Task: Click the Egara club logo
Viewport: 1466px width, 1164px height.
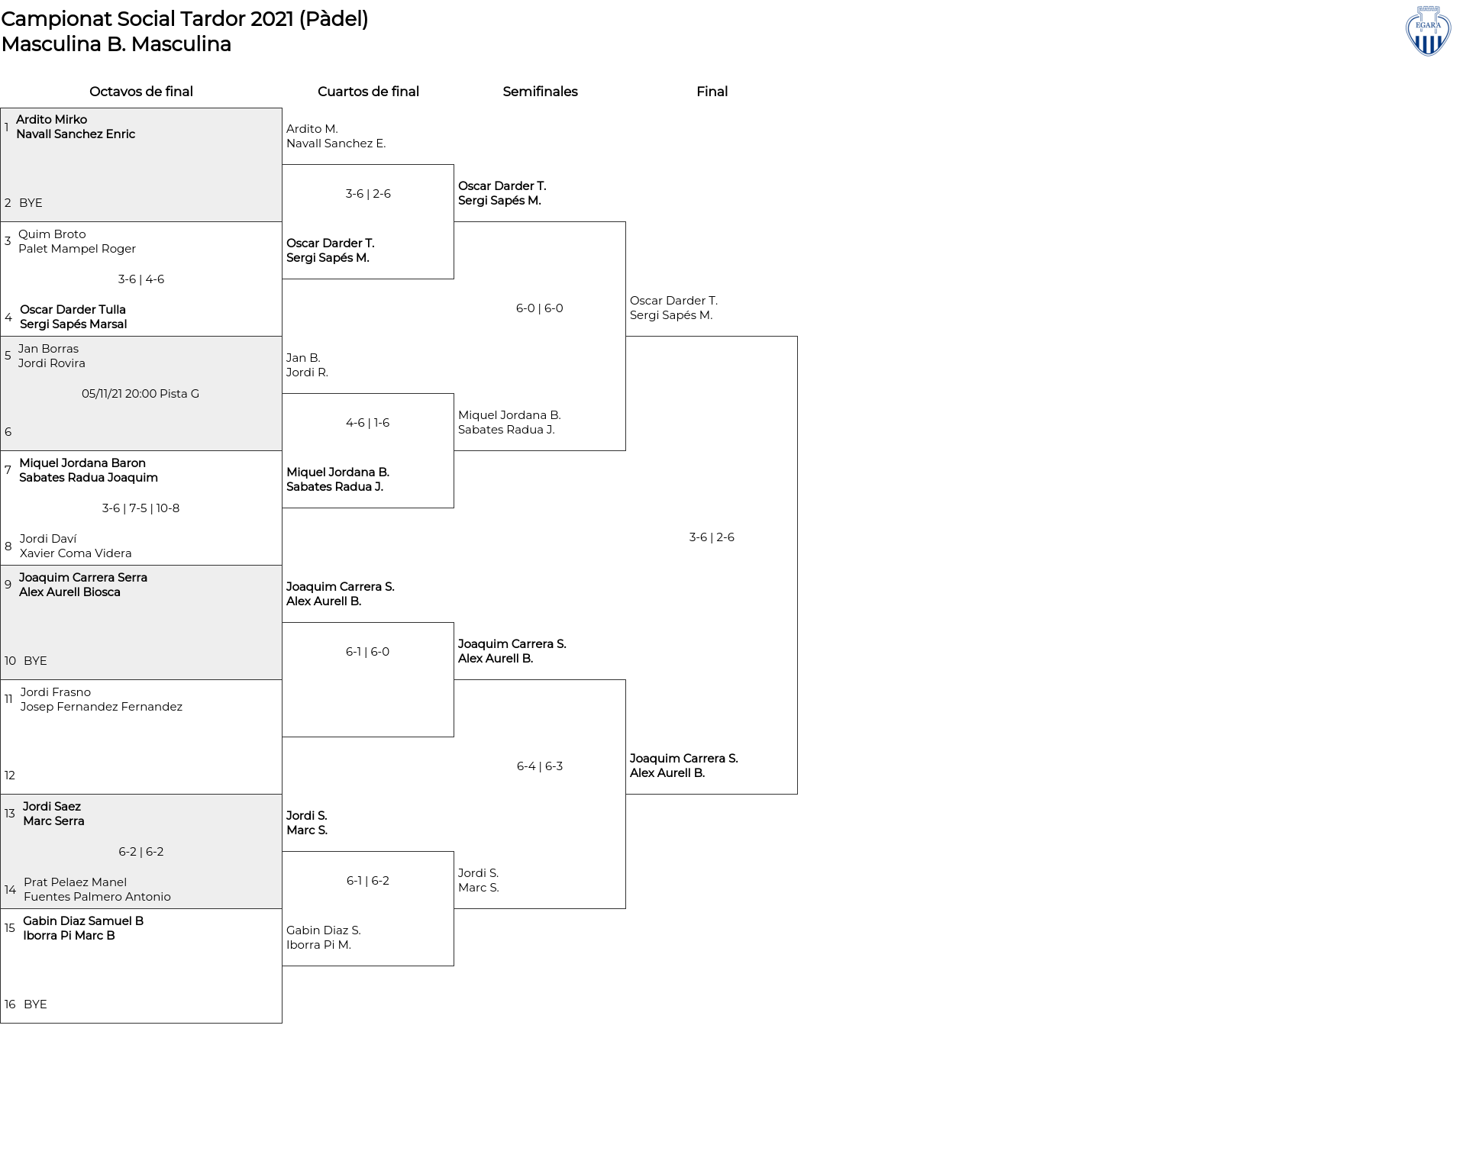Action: coord(1428,31)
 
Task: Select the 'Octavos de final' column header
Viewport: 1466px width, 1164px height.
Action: coord(141,92)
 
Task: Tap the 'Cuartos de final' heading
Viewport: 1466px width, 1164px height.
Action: coord(368,92)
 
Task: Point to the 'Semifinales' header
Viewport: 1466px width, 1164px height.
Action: coord(540,92)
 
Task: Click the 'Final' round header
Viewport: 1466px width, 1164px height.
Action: coord(712,92)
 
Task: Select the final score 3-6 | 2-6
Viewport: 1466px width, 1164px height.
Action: coord(712,537)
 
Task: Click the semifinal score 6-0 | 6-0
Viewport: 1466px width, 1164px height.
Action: coord(540,308)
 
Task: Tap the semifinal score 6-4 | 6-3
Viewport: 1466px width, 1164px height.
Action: coord(540,766)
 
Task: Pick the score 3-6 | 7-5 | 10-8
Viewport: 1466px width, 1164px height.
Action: coord(140,508)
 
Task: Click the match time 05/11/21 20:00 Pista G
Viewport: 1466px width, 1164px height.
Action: coord(140,394)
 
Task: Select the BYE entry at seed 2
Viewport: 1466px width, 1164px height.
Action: coord(31,203)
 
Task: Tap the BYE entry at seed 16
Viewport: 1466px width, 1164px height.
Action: coord(35,1004)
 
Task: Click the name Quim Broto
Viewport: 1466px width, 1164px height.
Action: coord(52,234)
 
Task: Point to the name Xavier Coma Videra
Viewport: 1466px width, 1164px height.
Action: coord(76,553)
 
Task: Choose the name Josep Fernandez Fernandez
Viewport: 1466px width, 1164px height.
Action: coord(102,707)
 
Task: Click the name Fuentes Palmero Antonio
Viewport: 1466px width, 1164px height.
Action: coord(97,897)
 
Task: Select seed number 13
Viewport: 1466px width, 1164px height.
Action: coord(10,814)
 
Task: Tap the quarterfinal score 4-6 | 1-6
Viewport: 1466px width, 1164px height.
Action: coord(367,423)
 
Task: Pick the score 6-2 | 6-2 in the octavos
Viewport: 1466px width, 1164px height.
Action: coord(141,852)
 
